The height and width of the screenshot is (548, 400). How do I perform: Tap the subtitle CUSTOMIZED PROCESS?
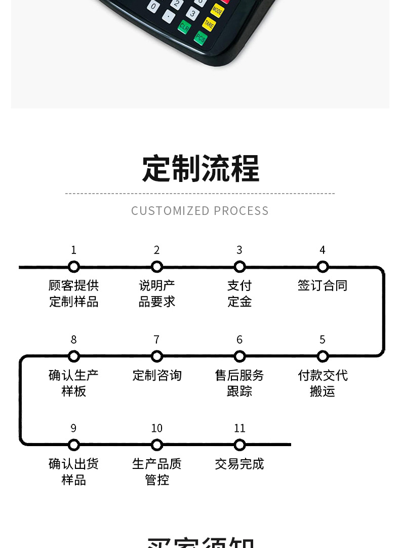pos(200,211)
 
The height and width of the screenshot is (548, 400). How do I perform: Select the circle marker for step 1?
pos(74,267)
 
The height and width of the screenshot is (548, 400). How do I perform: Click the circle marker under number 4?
pos(323,267)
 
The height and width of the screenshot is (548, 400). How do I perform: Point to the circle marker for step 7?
pos(157,356)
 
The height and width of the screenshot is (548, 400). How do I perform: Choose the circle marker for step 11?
pos(239,445)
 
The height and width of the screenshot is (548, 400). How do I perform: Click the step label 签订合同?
pos(323,285)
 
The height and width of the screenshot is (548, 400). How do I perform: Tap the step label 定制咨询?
pos(157,375)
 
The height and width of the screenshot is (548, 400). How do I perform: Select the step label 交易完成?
pos(239,464)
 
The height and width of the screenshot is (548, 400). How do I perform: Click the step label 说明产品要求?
pos(157,294)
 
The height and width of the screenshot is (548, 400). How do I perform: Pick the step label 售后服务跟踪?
pos(239,383)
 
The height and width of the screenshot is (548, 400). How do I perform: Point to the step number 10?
pos(157,428)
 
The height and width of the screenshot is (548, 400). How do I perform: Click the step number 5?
pos(323,340)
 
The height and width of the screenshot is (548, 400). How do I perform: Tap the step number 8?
pos(74,340)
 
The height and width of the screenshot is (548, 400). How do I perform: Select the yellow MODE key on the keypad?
pos(217,10)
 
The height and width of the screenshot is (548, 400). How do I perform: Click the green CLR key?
pos(184,27)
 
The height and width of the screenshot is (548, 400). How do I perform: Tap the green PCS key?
pos(201,38)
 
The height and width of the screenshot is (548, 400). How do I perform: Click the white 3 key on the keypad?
pos(192,14)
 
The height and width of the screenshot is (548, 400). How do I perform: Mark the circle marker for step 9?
pos(74,445)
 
